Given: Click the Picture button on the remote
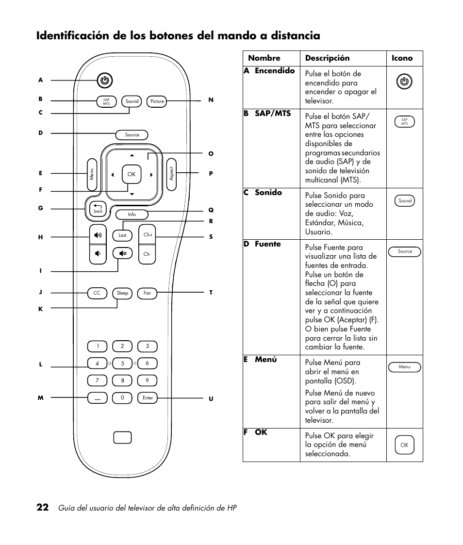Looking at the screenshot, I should [157, 101].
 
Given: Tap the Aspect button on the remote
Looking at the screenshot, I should [171, 174].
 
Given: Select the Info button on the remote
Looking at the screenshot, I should [132, 215].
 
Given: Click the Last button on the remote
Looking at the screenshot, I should [122, 235].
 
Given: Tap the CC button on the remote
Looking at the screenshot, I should [97, 293].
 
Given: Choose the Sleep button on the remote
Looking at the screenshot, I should [122, 293].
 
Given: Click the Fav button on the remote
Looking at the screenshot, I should [147, 293].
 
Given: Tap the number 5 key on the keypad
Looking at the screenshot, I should [122, 363].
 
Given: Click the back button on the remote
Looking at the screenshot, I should [98, 209].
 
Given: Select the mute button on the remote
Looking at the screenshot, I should [122, 253].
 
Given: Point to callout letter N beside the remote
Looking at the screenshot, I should [211, 100].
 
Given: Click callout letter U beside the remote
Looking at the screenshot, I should [211, 398].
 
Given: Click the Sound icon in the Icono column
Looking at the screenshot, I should [405, 201].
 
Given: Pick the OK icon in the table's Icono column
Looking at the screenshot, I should [404, 445].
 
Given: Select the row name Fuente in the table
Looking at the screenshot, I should [267, 244].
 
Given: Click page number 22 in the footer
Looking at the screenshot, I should [42, 508].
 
